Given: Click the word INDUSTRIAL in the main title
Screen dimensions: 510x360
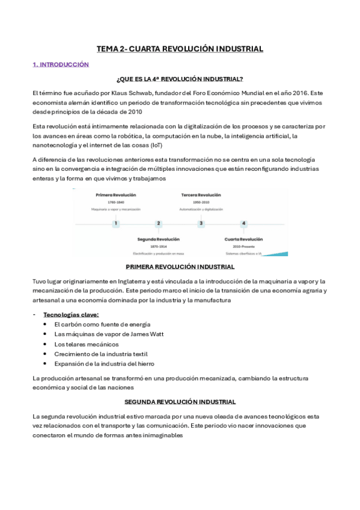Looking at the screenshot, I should (x=236, y=49).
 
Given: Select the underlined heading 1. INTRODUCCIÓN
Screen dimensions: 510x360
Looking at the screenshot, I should (x=61, y=64).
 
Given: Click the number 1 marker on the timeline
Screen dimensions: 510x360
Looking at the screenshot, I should (x=116, y=224).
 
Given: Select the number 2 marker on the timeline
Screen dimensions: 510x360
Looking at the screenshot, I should (x=159, y=224).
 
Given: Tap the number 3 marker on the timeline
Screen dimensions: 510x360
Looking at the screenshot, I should (x=201, y=224).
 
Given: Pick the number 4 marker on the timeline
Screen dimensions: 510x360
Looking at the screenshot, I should (x=243, y=224).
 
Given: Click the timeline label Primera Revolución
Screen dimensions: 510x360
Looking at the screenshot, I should (x=116, y=195).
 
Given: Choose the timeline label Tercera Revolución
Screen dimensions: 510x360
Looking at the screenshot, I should (x=201, y=195).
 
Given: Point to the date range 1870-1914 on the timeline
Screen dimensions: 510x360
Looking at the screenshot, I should (x=159, y=247).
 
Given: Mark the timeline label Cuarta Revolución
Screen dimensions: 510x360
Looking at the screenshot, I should (x=243, y=239).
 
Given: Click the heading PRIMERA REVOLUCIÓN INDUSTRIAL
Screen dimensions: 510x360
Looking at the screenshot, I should (x=180, y=266).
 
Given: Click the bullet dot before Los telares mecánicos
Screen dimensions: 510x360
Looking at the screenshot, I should (x=46, y=344).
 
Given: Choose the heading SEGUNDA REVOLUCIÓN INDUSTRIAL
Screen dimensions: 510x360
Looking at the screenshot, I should (x=180, y=401).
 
